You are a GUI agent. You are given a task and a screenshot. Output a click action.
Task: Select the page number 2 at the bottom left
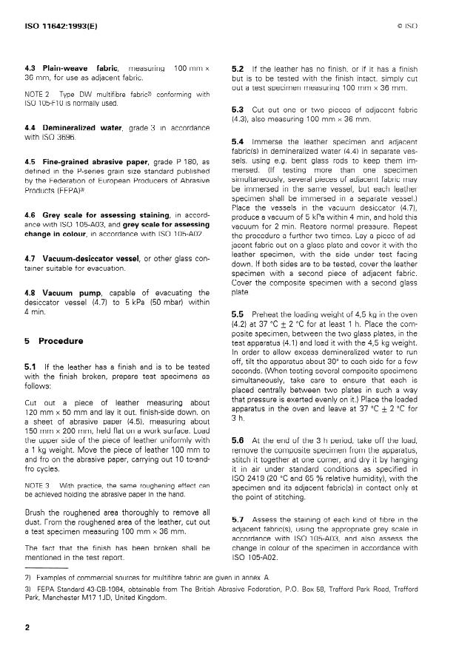point(27,627)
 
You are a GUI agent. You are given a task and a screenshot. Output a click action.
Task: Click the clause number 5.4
point(238,141)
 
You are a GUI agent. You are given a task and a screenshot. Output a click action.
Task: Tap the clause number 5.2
point(238,67)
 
